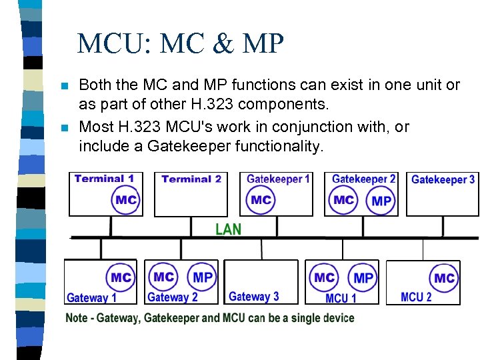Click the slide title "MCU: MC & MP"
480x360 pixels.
coord(181,45)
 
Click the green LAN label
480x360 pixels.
coord(228,229)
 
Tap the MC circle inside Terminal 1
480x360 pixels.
coord(126,199)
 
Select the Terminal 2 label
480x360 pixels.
coord(191,179)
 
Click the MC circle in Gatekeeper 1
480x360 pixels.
coord(261,199)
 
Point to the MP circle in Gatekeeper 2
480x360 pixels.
coord(381,201)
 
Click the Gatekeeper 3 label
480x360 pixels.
coord(443,179)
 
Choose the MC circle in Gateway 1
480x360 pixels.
coord(121,277)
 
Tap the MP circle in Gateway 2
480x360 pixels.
coord(203,277)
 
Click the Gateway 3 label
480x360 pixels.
coord(253,297)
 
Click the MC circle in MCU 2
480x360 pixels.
coord(444,278)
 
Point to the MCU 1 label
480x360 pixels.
coord(341,298)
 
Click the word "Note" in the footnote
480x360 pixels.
coord(77,318)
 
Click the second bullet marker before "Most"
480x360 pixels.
coord(64,127)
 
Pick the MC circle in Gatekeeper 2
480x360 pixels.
coord(344,199)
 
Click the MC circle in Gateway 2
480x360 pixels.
coord(163,277)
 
